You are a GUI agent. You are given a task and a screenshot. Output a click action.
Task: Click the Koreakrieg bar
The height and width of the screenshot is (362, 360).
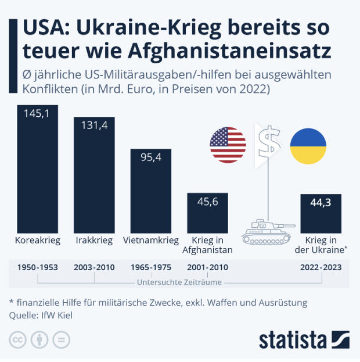pos(37,174)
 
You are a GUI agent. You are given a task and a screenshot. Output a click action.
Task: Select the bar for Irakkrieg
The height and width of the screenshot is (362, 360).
pos(94,180)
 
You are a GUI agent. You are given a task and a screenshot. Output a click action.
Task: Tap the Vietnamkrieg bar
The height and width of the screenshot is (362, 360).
pos(150,195)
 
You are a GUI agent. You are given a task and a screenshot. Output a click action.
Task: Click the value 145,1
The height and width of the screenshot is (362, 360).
pos(37,114)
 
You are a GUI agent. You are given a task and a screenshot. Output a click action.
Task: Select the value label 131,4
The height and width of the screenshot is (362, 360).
pos(94,126)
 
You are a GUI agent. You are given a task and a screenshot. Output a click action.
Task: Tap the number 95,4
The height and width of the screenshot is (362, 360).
pos(150,157)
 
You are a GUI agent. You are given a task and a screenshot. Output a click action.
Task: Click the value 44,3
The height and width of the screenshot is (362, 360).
pos(321,203)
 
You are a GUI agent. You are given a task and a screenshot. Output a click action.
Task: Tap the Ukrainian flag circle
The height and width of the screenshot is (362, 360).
pos(308,145)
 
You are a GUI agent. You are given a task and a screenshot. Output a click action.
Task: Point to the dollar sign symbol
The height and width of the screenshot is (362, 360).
pos(268,142)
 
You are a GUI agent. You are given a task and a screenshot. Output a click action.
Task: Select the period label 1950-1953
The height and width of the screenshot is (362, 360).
pos(37,268)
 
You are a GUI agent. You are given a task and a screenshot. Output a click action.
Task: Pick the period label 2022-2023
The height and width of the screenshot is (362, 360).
pos(321,268)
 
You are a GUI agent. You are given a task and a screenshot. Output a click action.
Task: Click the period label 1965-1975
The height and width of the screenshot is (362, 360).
pos(151,268)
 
